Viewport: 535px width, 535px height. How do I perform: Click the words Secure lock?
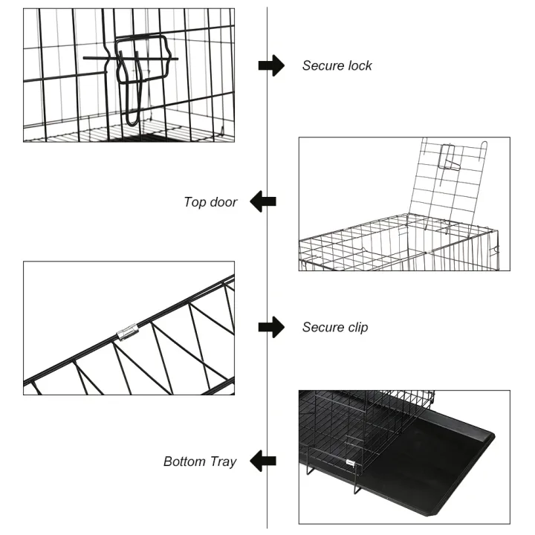point(337,65)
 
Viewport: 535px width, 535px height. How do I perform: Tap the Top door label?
point(210,202)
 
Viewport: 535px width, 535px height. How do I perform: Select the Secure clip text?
point(334,327)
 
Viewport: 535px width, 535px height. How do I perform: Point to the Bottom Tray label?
point(199,461)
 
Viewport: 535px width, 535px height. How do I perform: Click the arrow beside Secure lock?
point(271,65)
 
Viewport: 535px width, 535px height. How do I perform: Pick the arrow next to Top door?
point(263,201)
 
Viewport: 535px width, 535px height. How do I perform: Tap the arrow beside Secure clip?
point(271,327)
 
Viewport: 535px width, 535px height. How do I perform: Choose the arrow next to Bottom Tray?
point(263,461)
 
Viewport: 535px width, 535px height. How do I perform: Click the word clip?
point(355,327)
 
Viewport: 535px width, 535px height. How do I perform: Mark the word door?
point(222,202)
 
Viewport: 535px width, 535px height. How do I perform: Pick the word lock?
point(359,65)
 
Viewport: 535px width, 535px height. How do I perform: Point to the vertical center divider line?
point(267,267)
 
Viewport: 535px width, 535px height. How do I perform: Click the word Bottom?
point(184,461)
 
